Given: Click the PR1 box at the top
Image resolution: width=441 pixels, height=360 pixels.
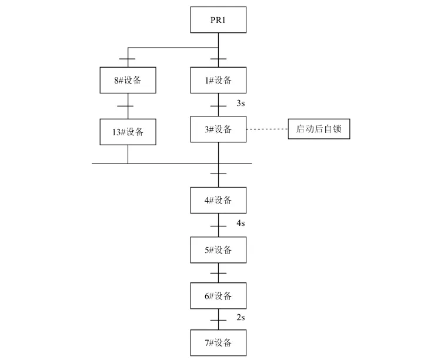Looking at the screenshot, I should click(x=218, y=21).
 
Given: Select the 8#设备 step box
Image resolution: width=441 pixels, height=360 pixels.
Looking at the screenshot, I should click(x=128, y=80).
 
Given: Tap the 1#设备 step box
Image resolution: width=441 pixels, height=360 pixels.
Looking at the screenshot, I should click(x=218, y=80).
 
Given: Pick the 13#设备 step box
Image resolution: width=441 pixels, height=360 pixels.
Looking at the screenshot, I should click(x=128, y=131).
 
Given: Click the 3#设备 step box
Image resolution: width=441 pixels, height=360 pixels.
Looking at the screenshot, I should click(x=218, y=129).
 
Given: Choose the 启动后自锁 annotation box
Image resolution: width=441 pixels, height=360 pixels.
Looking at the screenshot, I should click(x=319, y=129).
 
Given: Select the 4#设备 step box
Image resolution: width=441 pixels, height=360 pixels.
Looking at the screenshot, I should click(x=218, y=200).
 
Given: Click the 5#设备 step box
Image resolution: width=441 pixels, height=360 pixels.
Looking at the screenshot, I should click(x=218, y=250).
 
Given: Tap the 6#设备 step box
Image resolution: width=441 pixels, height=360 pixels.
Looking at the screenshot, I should click(x=218, y=296).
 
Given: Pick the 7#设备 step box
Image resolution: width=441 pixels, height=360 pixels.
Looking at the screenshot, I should click(x=218, y=343).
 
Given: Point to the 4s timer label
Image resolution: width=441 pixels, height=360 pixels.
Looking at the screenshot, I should click(x=240, y=224).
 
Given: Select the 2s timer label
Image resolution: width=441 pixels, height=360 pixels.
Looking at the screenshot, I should click(x=240, y=318).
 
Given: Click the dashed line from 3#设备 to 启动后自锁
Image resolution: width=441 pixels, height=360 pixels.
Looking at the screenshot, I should click(x=266, y=129).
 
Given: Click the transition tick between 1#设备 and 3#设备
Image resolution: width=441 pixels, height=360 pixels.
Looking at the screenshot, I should click(x=218, y=106).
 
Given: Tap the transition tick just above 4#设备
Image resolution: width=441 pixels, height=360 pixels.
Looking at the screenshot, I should click(x=218, y=174).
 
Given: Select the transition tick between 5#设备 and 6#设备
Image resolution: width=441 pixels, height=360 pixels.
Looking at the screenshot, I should click(x=218, y=273).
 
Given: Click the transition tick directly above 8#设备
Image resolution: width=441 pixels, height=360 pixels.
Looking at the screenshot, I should click(x=128, y=59).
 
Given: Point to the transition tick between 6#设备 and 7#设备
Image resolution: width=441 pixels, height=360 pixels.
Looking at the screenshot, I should click(x=218, y=319).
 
